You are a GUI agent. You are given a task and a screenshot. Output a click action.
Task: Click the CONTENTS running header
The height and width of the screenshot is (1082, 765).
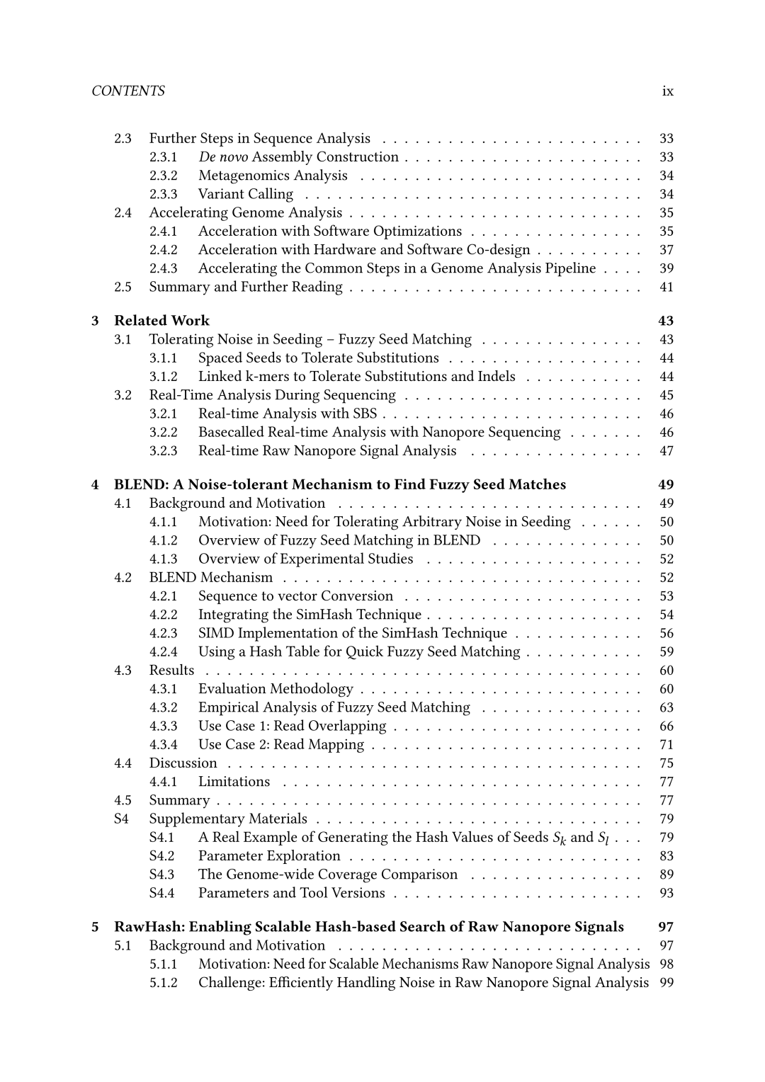click(x=128, y=91)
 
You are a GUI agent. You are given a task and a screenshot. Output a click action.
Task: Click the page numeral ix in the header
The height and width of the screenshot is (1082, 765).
click(x=667, y=91)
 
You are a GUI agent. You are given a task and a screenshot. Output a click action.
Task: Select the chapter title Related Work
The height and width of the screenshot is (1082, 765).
click(x=161, y=321)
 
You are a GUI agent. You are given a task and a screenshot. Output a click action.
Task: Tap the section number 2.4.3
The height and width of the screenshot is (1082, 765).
click(x=163, y=268)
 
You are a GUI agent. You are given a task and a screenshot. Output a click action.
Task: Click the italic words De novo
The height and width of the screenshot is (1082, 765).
click(x=222, y=157)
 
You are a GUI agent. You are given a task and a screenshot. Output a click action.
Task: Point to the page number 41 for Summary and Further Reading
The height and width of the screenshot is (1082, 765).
click(x=666, y=287)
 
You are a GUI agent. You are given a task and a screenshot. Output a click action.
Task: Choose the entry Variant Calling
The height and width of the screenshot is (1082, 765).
click(x=245, y=194)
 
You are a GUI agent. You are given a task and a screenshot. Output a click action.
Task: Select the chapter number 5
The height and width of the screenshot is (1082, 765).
click(x=96, y=927)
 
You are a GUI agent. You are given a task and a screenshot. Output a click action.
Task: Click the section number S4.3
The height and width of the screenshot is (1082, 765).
click(x=161, y=875)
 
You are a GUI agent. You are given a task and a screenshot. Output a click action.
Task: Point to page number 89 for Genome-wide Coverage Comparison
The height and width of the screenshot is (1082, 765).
click(x=666, y=875)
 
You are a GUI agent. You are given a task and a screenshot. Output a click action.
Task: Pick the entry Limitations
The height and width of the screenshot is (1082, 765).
click(x=234, y=782)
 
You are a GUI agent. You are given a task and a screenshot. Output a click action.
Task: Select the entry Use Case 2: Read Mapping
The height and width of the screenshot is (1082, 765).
click(x=280, y=744)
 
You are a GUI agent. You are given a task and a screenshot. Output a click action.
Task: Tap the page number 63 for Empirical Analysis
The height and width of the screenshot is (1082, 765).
click(x=666, y=707)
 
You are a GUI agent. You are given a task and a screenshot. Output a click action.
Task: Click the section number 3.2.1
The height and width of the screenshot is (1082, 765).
click(x=163, y=414)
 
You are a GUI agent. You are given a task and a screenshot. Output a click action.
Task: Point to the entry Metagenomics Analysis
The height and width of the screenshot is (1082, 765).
click(x=273, y=176)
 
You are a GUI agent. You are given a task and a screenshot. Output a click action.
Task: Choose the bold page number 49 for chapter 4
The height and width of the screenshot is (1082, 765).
click(x=666, y=484)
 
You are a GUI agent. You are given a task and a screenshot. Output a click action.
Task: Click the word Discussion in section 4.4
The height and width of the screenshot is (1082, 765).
click(x=183, y=763)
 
